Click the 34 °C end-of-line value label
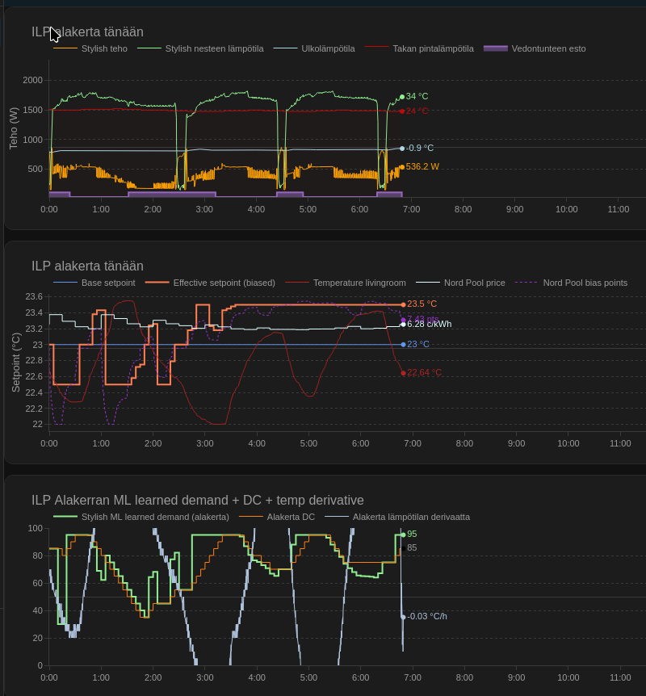pos(417,96)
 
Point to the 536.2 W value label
pos(422,166)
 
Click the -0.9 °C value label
pos(419,148)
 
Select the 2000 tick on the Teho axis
pos(33,80)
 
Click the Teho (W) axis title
pos(14,128)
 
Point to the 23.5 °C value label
pos(422,304)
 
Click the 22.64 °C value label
pos(424,372)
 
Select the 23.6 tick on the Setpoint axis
pos(34,296)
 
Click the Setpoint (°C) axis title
pos(15,362)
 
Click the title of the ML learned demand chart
pos(197,501)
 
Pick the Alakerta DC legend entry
pos(291,517)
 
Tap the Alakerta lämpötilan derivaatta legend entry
pos(411,517)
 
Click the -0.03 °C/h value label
pos(426,616)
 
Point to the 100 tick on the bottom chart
pos(36,528)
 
